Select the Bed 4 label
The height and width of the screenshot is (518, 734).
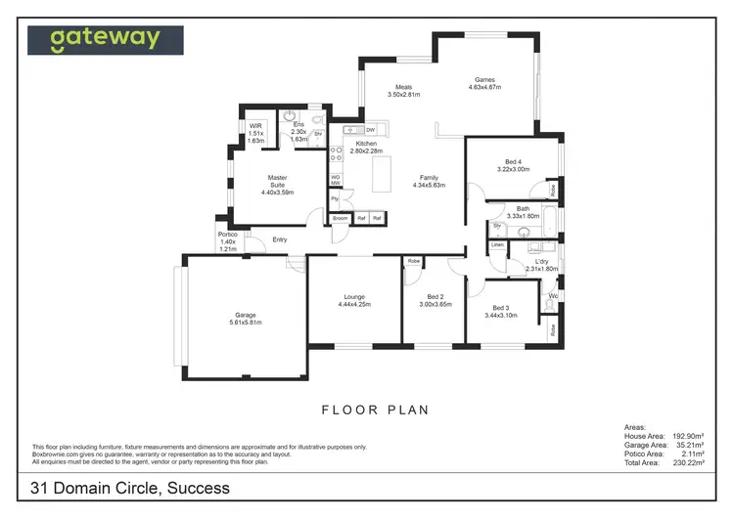[513, 165]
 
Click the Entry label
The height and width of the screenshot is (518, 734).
[280, 239]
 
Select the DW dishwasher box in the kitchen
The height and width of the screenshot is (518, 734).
[371, 129]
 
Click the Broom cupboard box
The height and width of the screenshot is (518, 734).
[340, 218]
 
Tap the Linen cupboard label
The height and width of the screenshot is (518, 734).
[498, 244]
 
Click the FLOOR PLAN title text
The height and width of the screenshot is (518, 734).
[376, 410]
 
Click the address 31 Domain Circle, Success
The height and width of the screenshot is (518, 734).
[130, 488]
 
